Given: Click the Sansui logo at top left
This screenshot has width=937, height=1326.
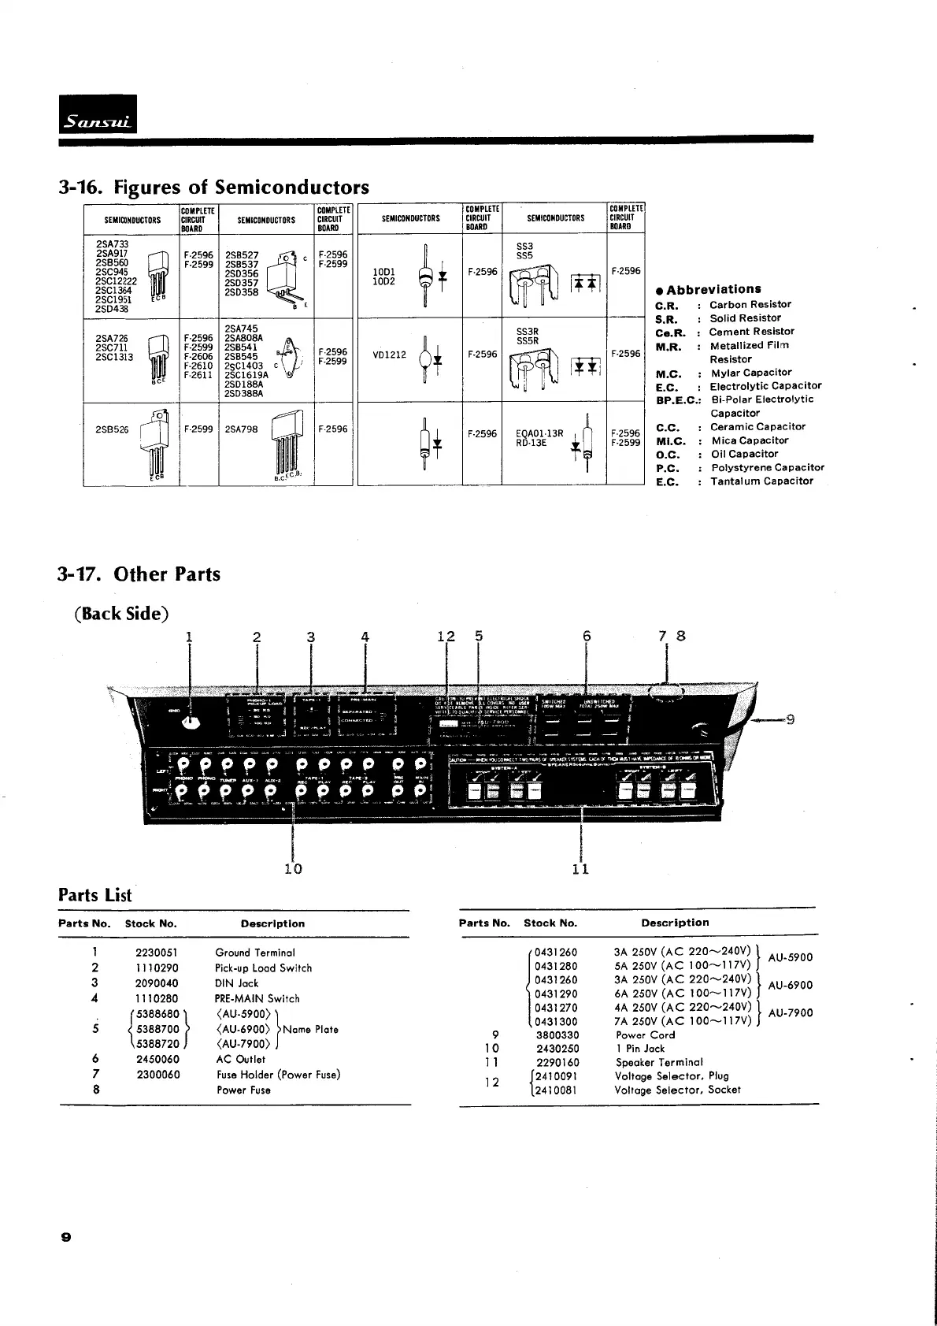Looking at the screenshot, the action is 98,116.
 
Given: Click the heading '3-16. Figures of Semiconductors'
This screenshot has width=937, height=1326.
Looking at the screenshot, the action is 214,188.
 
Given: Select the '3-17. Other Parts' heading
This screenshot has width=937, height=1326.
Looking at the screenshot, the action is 139,574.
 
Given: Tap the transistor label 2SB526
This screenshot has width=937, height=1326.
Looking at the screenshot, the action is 112,429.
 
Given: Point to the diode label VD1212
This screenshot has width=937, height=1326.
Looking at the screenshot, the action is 389,355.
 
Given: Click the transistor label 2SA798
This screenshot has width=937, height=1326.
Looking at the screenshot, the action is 241,429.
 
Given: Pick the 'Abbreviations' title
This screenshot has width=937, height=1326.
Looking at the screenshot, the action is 713,289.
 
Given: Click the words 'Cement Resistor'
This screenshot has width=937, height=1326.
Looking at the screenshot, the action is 751,332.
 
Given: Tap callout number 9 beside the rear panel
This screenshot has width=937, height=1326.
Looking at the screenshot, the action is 790,719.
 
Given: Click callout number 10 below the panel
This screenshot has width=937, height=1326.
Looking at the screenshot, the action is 293,868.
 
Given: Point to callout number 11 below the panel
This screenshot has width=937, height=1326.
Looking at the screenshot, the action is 580,868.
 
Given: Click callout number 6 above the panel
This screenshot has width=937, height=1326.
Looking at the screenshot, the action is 587,636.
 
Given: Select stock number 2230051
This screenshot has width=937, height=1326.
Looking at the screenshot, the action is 157,953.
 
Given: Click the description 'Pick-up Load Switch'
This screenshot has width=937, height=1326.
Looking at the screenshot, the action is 263,968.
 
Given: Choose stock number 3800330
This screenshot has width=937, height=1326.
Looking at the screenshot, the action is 557,1035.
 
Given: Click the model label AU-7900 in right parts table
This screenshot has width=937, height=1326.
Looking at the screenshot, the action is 790,1013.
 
